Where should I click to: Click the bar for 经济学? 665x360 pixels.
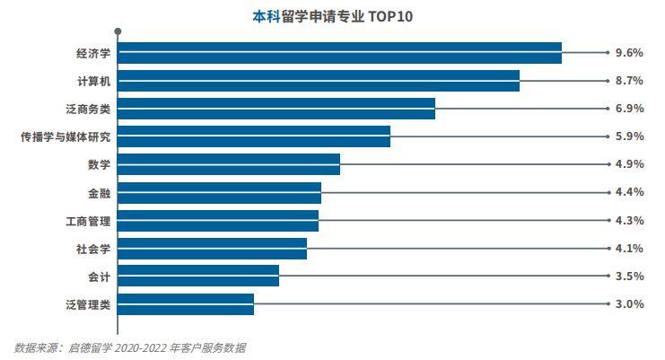(339, 53)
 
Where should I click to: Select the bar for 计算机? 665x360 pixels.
(319, 81)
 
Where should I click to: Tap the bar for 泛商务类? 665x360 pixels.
(276, 109)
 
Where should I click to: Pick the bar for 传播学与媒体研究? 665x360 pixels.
(254, 136)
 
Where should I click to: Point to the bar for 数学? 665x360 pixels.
(229, 164)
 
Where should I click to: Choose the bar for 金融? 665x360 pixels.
(219, 192)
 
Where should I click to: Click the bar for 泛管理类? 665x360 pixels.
(186, 303)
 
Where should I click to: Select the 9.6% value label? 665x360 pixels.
(630, 53)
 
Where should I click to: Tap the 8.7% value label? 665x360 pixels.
(630, 81)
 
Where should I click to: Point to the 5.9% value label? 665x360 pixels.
(630, 136)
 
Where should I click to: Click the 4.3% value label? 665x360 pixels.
(630, 220)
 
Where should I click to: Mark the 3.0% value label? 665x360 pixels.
(630, 303)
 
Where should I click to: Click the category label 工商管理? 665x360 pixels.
(88, 221)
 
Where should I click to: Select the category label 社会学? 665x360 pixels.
(93, 249)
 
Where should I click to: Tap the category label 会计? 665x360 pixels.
(99, 277)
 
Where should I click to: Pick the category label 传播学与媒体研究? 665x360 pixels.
(66, 137)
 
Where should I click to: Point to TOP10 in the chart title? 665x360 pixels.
(389, 16)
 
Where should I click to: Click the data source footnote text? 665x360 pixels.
(130, 347)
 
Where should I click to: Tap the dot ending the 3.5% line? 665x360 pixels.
(607, 276)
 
